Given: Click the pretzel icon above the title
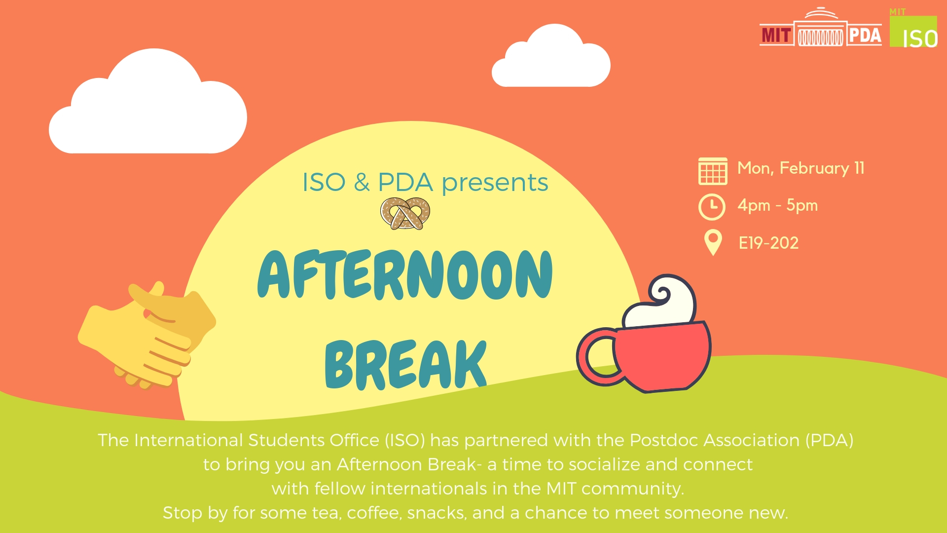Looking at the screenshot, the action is pyautogui.click(x=405, y=213).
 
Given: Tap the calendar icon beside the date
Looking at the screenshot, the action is pyautogui.click(x=713, y=171).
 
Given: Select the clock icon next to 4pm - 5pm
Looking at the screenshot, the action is pyautogui.click(x=712, y=207).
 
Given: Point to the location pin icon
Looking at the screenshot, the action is pyautogui.click(x=713, y=242).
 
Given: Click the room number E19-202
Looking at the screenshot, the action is pyautogui.click(x=768, y=243).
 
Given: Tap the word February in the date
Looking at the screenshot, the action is pyautogui.click(x=814, y=169).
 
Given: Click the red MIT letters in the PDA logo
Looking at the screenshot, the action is pyautogui.click(x=776, y=36).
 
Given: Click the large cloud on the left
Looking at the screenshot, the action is pyautogui.click(x=148, y=102).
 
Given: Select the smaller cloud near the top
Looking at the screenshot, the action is pyautogui.click(x=551, y=56).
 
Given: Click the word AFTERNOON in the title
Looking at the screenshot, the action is pyautogui.click(x=405, y=274).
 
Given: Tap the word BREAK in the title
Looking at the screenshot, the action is pyautogui.click(x=406, y=364).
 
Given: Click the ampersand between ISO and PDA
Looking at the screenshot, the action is pyautogui.click(x=362, y=182).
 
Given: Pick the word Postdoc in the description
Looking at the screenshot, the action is pyautogui.click(x=664, y=440).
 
